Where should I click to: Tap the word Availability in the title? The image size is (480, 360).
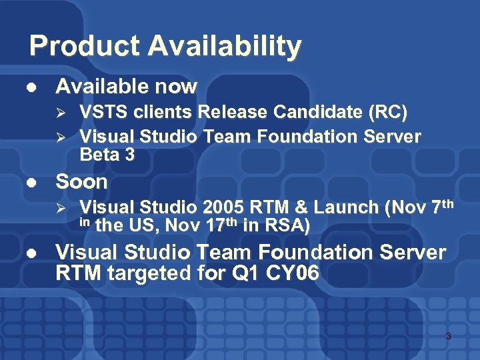225,47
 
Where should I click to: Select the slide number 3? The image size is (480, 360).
448,337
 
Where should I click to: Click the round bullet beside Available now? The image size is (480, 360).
30,87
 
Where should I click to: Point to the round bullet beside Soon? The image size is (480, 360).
30,182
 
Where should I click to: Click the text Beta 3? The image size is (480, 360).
107,155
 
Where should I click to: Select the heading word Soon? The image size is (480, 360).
81,181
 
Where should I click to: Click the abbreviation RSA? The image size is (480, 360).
284,226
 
